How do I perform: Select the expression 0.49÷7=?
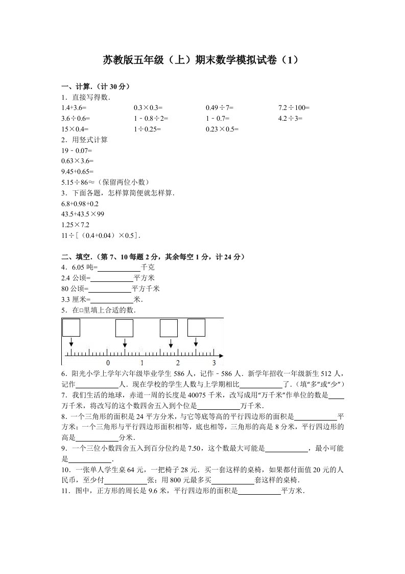coord(220,108)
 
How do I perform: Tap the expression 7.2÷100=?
coord(294,108)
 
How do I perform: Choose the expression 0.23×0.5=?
coord(222,129)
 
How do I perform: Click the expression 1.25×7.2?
coord(75,225)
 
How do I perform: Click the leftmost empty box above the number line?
coord(71,327)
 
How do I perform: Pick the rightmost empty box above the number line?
coord(196,327)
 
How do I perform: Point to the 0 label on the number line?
coord(107,362)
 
